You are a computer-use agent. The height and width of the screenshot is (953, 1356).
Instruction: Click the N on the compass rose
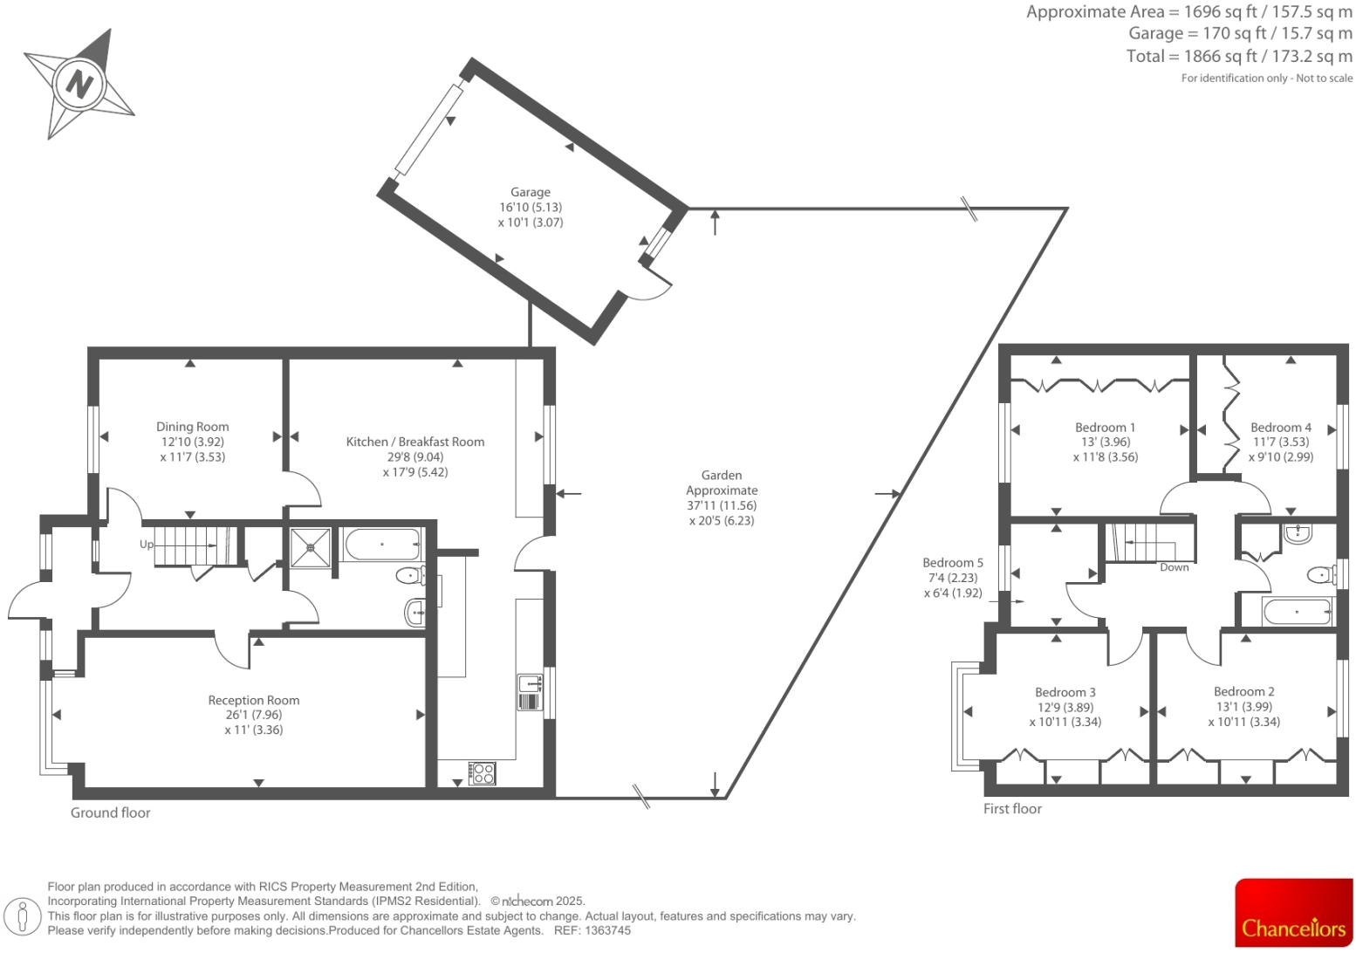click(79, 85)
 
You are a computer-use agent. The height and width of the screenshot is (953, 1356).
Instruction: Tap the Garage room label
click(531, 192)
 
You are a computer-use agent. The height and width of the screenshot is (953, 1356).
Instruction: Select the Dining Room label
click(193, 427)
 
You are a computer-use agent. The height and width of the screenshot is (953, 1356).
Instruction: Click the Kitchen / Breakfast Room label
click(415, 442)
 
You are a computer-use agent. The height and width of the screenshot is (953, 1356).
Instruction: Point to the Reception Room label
click(254, 700)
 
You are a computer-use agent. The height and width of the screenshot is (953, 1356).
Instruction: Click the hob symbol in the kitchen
click(483, 773)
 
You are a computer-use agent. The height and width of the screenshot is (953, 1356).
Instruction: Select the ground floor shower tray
click(311, 547)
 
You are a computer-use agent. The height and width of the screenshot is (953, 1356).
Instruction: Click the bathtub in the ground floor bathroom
click(382, 545)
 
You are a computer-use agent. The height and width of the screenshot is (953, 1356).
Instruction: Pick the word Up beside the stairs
click(147, 545)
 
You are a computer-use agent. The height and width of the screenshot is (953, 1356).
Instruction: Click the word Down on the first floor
click(1175, 567)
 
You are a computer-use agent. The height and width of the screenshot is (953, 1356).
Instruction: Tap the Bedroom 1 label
click(1105, 428)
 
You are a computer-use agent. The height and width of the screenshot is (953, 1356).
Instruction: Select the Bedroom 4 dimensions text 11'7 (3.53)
click(1280, 442)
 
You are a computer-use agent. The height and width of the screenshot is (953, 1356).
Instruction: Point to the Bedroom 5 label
click(953, 563)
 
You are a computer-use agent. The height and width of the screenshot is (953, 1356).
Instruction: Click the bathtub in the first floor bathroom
click(1297, 612)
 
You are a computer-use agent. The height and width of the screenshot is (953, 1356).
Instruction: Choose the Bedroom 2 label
click(1243, 691)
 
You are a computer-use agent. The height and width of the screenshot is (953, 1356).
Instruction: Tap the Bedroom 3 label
click(1065, 692)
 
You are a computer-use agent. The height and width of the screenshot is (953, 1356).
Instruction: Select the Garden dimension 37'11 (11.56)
click(722, 505)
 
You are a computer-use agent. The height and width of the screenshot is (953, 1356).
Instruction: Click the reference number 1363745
click(608, 930)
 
